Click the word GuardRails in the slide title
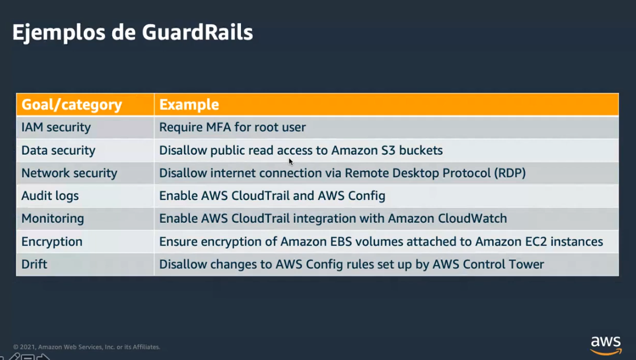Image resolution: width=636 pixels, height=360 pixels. click(197, 32)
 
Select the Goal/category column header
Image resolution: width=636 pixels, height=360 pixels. click(72, 105)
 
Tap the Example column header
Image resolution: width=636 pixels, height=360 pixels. click(189, 105)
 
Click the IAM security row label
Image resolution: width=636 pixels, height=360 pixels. click(56, 128)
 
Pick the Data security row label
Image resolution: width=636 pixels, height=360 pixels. click(58, 151)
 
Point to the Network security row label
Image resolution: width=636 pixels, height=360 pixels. click(69, 173)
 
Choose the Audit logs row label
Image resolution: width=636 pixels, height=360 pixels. click(50, 196)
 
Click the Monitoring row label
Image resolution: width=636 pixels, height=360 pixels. click(53, 219)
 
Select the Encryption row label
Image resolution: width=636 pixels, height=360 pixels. click(52, 242)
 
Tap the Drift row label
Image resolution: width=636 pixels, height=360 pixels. click(35, 265)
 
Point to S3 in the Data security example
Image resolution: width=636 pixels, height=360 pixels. click(388, 151)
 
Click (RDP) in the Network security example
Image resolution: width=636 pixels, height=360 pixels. click(510, 173)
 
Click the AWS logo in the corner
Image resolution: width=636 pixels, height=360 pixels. click(605, 345)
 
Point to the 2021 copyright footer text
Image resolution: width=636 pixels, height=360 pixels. click(87, 347)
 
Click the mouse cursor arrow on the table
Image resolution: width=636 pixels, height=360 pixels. click(291, 162)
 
